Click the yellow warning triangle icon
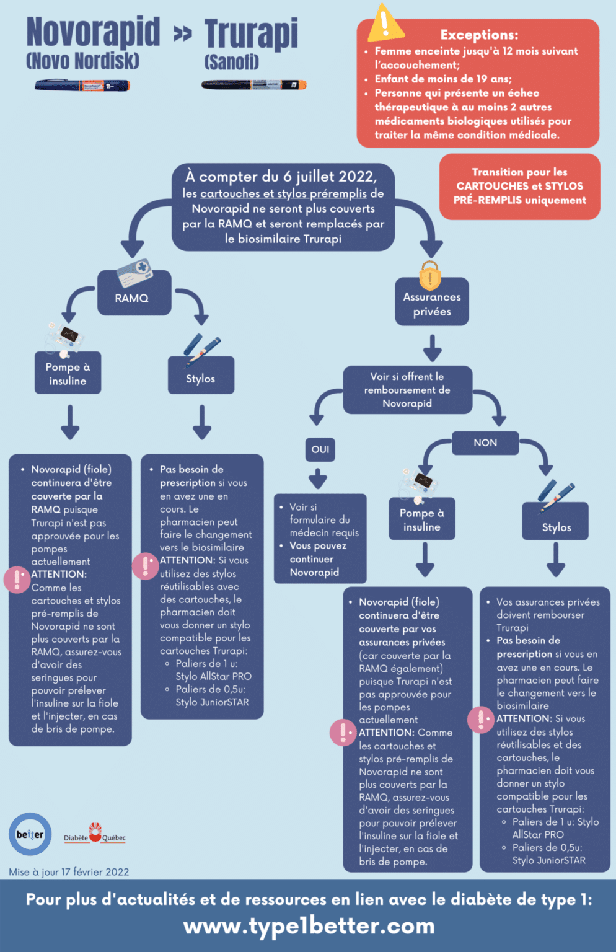(385, 24)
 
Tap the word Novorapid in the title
(93, 32)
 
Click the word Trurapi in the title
(251, 33)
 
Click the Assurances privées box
(432, 304)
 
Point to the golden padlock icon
(430, 276)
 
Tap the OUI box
(320, 449)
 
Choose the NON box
(485, 443)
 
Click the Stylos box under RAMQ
(201, 378)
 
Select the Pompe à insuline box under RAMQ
(68, 374)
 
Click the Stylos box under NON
(556, 527)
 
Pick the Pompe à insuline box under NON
(421, 519)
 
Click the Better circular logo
(30, 834)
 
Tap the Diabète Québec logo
(95, 834)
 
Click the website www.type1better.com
(309, 926)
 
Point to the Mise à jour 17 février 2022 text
(69, 872)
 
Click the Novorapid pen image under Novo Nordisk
(82, 86)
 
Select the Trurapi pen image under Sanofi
(254, 85)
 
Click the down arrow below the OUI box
(318, 478)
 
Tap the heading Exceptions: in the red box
(479, 35)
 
